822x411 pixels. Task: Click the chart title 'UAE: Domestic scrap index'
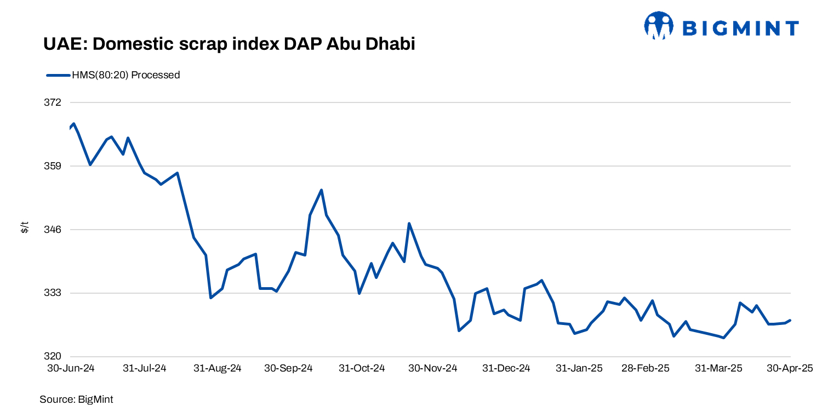pyautogui.click(x=229, y=44)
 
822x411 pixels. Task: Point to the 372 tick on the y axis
pyautogui.click(x=53, y=102)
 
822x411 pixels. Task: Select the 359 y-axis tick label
pyautogui.click(x=53, y=166)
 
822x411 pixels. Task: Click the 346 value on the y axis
pyautogui.click(x=53, y=230)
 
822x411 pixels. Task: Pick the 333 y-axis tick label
pyautogui.click(x=53, y=293)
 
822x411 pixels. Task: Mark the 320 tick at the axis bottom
pyautogui.click(x=53, y=356)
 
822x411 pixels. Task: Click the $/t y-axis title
pyautogui.click(x=25, y=227)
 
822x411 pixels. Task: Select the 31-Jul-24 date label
pyautogui.click(x=144, y=368)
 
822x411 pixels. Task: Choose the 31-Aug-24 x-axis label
pyautogui.click(x=218, y=368)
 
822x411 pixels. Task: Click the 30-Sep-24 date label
pyautogui.click(x=288, y=368)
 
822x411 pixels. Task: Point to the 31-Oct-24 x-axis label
pyautogui.click(x=362, y=368)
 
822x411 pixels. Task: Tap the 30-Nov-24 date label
pyautogui.click(x=433, y=368)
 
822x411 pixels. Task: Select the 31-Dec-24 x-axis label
pyautogui.click(x=506, y=368)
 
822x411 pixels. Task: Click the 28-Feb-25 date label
pyautogui.click(x=646, y=368)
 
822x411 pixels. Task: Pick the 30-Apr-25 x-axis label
pyautogui.click(x=790, y=368)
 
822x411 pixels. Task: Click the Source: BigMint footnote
pyautogui.click(x=76, y=399)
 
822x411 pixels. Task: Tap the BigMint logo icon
pyautogui.click(x=658, y=26)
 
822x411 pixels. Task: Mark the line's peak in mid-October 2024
pyautogui.click(x=321, y=190)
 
